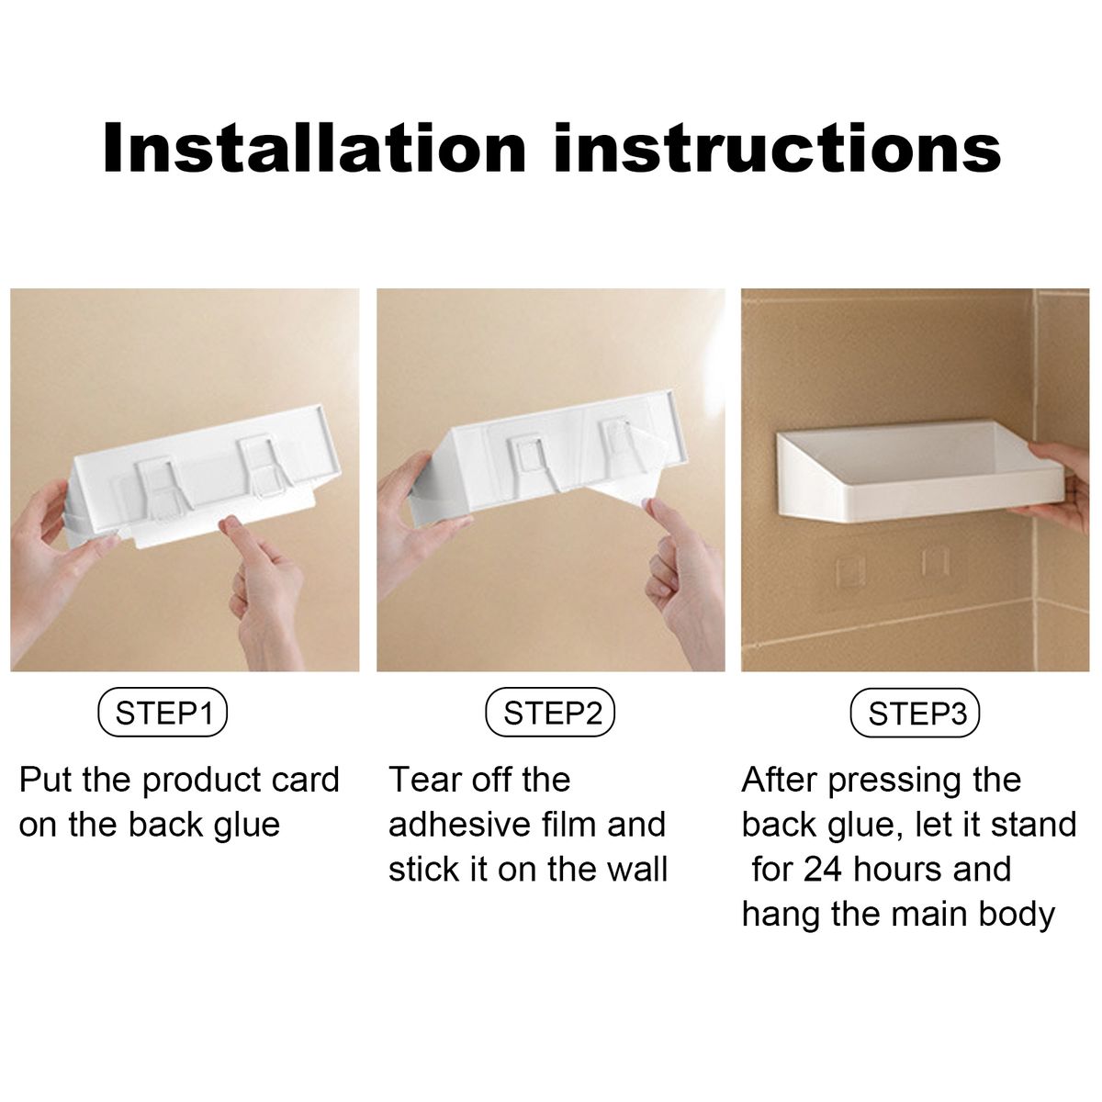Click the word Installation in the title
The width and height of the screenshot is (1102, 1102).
pos(314,147)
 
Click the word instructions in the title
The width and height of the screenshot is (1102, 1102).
pos(778,147)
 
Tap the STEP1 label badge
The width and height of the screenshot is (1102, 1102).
pos(163,712)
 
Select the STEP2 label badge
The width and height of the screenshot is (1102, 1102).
pos(550,712)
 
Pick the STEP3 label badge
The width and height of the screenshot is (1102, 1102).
pos(915,713)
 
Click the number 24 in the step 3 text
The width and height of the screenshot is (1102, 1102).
pos(823,869)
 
